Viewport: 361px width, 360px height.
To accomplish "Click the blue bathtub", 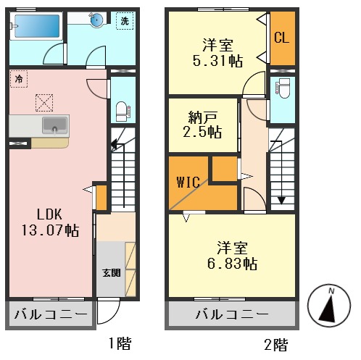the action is (x=37, y=26).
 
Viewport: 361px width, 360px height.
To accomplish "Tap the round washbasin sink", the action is (x=96, y=20).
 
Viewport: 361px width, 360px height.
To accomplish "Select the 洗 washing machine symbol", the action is (x=125, y=21).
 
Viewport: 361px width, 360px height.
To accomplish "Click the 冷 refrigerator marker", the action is (x=19, y=79).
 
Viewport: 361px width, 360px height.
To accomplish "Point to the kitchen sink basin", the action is (x=54, y=125).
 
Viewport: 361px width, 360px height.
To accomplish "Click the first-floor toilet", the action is (x=122, y=112).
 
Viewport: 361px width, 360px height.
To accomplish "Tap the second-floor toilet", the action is (x=283, y=88).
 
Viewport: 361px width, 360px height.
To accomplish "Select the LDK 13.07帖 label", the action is (x=50, y=222).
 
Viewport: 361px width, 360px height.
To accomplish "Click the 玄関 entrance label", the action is (x=111, y=273).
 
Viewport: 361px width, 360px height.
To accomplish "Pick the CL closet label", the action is (x=282, y=38).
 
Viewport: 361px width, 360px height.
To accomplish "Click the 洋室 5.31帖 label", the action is (x=217, y=52).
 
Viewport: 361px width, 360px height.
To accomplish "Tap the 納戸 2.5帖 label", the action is (x=202, y=125).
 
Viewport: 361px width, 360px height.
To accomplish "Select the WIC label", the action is (x=188, y=183).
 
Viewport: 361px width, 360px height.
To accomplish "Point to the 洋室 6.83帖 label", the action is (x=232, y=255).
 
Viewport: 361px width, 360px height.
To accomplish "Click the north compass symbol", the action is (x=329, y=306).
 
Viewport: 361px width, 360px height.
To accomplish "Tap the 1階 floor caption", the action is (x=120, y=343).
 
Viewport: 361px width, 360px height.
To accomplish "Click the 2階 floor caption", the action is (x=276, y=345).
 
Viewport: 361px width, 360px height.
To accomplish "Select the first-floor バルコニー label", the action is (x=51, y=314).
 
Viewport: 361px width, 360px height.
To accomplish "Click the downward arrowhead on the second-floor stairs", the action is (x=281, y=201).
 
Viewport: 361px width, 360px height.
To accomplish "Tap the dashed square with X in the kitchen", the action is (x=44, y=103).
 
